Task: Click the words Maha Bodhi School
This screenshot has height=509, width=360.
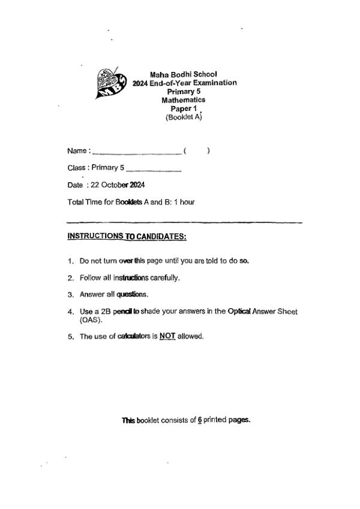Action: tap(183, 74)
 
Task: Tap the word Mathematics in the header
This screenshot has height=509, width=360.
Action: tap(183, 100)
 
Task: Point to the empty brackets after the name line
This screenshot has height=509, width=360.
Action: tap(196, 151)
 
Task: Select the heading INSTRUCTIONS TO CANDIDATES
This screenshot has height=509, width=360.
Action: tap(127, 236)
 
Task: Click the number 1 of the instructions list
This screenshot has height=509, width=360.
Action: tap(71, 261)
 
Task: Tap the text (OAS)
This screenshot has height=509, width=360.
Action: tap(90, 320)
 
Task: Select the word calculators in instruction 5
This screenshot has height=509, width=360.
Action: tap(119, 336)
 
